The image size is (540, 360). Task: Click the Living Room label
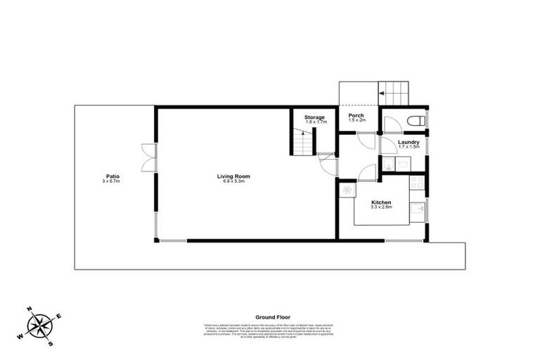pos(233,176)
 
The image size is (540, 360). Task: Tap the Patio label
pos(111,176)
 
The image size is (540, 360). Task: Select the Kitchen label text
pos(381,202)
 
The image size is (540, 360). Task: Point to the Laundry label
pos(408,142)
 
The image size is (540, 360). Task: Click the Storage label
pos(314,117)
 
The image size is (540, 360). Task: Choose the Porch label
pos(356,115)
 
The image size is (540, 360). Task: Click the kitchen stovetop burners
pos(417,184)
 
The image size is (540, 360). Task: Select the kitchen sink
pos(418,210)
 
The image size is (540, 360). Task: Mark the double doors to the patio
pos(148,157)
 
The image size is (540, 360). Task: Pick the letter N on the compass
pos(30,309)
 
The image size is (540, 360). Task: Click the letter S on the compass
pos(51,344)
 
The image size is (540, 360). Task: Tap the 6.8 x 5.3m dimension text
pos(233,181)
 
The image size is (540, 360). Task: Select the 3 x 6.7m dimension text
pos(111,182)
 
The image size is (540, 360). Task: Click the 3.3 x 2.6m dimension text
pos(381,208)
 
